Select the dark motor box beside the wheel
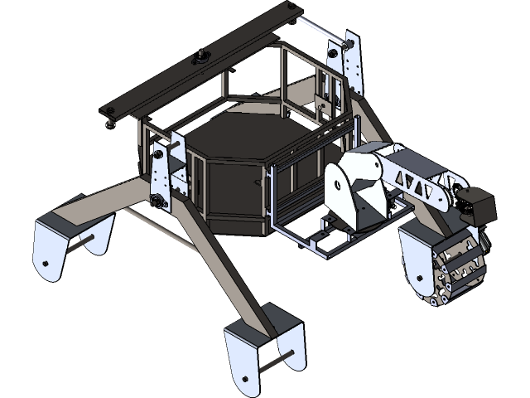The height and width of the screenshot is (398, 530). click(479, 206)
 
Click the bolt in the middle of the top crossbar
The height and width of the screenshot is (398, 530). click(200, 58)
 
